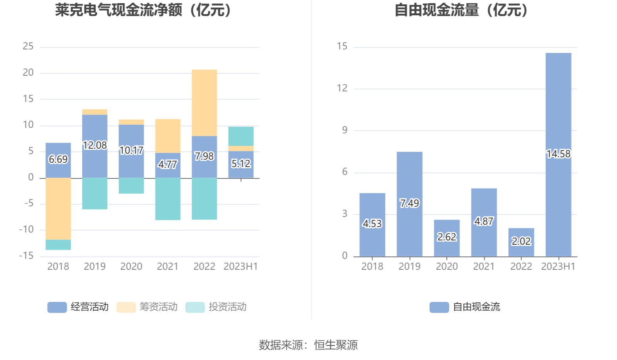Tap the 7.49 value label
[409, 203]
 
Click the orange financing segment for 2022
[204, 103]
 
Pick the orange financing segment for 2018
[58, 209]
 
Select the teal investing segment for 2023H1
[241, 136]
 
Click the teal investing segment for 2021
[168, 199]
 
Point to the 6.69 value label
[58, 159]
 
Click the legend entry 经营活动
[78, 307]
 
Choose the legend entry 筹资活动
[147, 307]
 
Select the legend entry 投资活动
[216, 307]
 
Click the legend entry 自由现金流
[465, 307]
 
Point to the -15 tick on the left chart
[27, 256]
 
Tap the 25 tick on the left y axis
[28, 46]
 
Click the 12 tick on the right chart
[342, 88]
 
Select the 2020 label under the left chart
[131, 267]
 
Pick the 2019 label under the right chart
[409, 267]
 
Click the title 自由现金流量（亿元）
[461, 10]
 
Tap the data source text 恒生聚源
[336, 345]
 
